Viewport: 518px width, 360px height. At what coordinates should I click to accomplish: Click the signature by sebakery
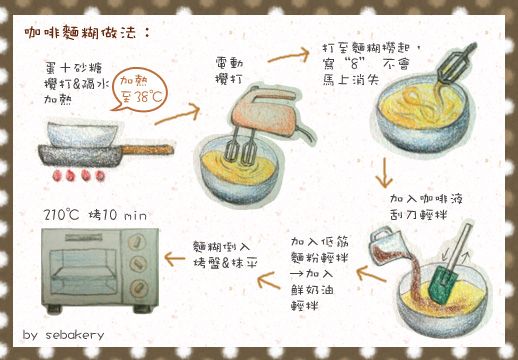point(62,334)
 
